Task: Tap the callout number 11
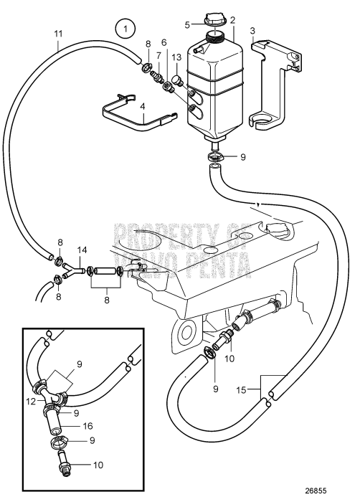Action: click(58, 34)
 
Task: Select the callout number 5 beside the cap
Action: click(189, 24)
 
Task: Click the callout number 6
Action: click(164, 43)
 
